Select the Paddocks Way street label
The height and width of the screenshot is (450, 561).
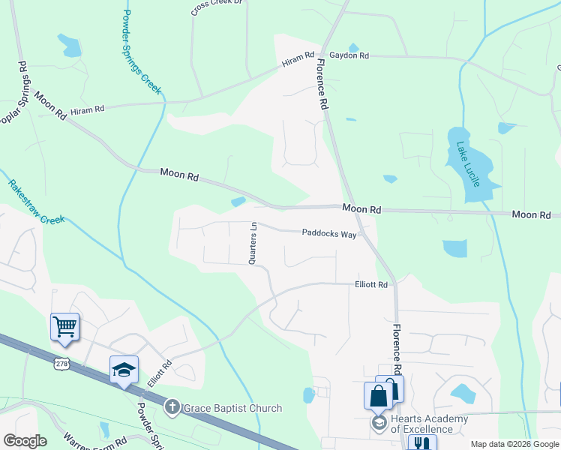coord(328,233)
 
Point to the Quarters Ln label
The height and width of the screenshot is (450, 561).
coord(253,241)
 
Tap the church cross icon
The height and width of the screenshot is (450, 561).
coord(171,408)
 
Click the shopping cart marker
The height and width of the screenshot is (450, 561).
coord(65,327)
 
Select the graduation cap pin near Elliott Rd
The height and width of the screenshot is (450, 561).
coord(124,370)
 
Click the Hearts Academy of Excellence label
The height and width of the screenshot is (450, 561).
coord(429,424)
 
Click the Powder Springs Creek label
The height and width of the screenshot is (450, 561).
coord(141,51)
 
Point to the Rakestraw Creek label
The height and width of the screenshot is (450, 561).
coord(36,201)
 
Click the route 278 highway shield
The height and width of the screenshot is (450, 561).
coord(61,363)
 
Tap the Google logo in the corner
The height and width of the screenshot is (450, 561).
coord(25,441)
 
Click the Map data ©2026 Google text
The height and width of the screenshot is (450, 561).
coord(514,444)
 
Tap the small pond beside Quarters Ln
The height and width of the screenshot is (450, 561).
coord(238,201)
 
